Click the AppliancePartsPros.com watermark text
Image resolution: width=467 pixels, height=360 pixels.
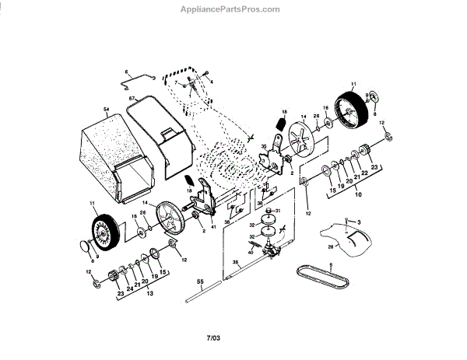[x=233, y=9]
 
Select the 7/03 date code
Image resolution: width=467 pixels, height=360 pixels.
[x=213, y=337]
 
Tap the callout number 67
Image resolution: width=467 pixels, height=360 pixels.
[x=132, y=99]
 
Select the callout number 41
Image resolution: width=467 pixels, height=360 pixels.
[x=212, y=225]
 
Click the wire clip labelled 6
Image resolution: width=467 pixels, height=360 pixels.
[x=140, y=77]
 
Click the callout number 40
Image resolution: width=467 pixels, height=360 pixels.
[x=251, y=252]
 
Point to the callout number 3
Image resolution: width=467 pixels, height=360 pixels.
[x=360, y=222]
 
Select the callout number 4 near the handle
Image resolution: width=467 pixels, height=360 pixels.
[x=211, y=81]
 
